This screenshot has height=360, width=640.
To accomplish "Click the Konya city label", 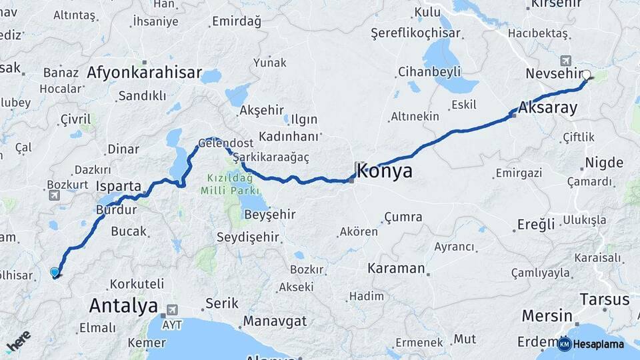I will pos(385,171).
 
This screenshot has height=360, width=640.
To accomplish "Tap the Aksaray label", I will pos(547,108).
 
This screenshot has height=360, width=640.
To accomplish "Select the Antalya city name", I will pos(123,306).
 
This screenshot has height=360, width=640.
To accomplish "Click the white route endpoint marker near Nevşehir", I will pos(587,75).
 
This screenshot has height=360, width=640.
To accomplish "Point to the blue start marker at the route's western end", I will pos(55,272).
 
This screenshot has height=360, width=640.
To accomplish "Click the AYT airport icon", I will pos(173,310).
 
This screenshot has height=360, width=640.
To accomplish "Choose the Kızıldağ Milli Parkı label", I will pos(225,185).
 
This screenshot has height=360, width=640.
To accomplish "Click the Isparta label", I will pos(119,186).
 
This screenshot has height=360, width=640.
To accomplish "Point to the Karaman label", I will pos(396,269).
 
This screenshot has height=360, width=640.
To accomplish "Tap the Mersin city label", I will pos(547,315).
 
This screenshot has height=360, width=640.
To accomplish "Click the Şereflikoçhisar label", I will pos(416,32).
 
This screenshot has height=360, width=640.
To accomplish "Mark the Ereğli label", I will pos(536,225).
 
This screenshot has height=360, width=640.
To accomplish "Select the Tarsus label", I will pos(604,299).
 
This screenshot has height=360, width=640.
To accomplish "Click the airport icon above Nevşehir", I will pos(566,60).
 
